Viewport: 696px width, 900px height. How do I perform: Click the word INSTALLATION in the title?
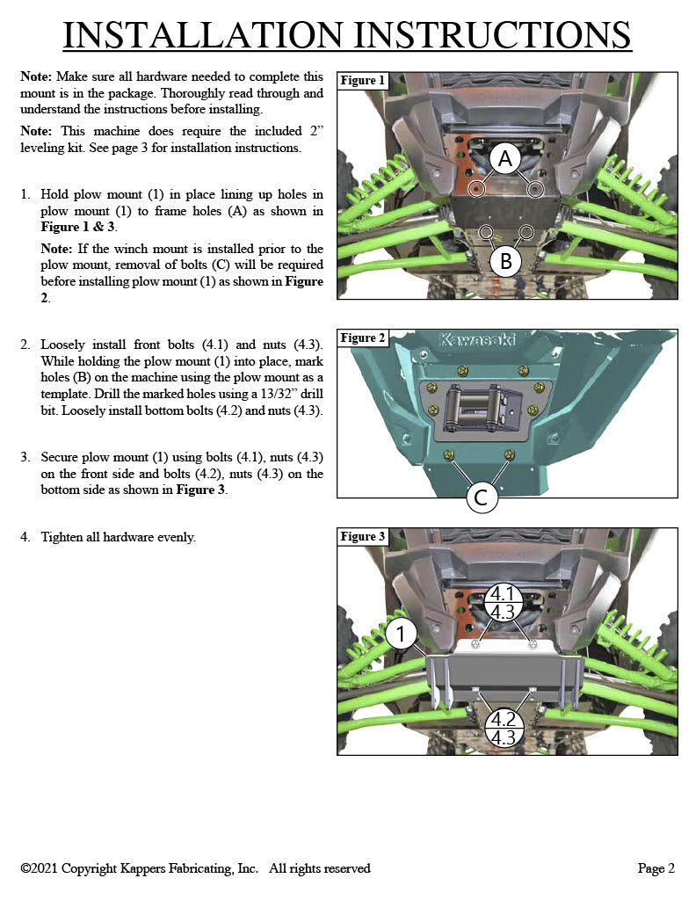pyautogui.click(x=204, y=34)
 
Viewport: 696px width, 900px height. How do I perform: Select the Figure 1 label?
pyautogui.click(x=363, y=81)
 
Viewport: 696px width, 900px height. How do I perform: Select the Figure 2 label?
pyautogui.click(x=363, y=338)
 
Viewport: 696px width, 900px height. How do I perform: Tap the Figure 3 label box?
pyautogui.click(x=363, y=537)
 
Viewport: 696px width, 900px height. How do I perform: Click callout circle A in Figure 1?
pyautogui.click(x=505, y=159)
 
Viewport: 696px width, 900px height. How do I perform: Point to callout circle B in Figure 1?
pyautogui.click(x=505, y=261)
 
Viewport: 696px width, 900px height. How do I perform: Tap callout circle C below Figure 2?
pyautogui.click(x=482, y=498)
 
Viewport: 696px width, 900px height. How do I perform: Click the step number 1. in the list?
pyautogui.click(x=26, y=194)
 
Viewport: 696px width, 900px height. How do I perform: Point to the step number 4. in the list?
pyautogui.click(x=26, y=537)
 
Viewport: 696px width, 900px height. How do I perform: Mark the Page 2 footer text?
pyautogui.click(x=656, y=868)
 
